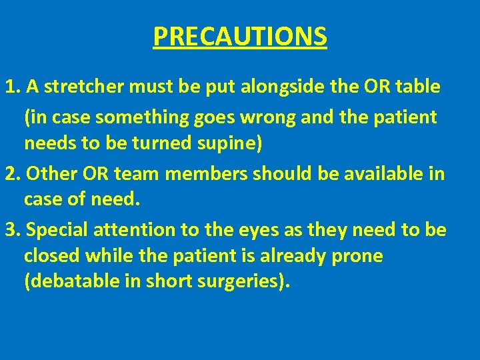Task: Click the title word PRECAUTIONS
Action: click(240, 37)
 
